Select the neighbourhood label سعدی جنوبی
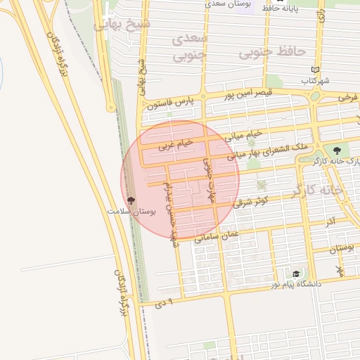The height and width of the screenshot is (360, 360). coord(189,46)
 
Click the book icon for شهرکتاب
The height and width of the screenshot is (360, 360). coord(316,70)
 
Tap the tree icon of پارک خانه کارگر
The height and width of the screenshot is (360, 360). coord(337,150)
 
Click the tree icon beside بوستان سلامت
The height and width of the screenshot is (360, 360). coord(131,201)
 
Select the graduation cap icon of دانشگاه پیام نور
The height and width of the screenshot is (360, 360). coord(296,274)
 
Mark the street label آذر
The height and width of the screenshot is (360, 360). coord(330,221)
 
